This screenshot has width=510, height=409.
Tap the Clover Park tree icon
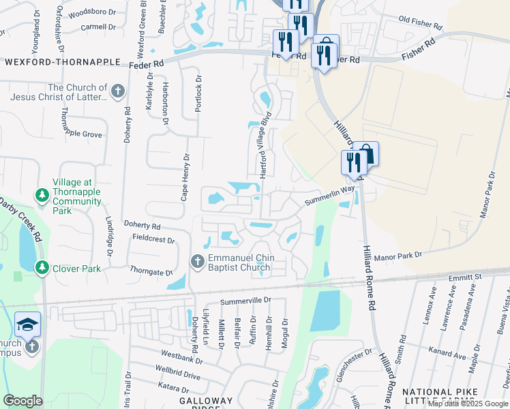point(42,268)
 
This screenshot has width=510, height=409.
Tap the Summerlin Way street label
point(330,197)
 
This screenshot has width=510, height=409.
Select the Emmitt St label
point(465,277)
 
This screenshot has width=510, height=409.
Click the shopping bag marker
point(365,155)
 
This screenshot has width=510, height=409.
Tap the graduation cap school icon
point(27,324)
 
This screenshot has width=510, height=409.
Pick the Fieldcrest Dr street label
point(154,240)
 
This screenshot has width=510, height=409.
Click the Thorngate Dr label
point(151,272)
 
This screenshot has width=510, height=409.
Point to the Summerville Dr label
point(246,301)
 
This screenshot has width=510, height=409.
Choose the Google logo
point(23,400)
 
